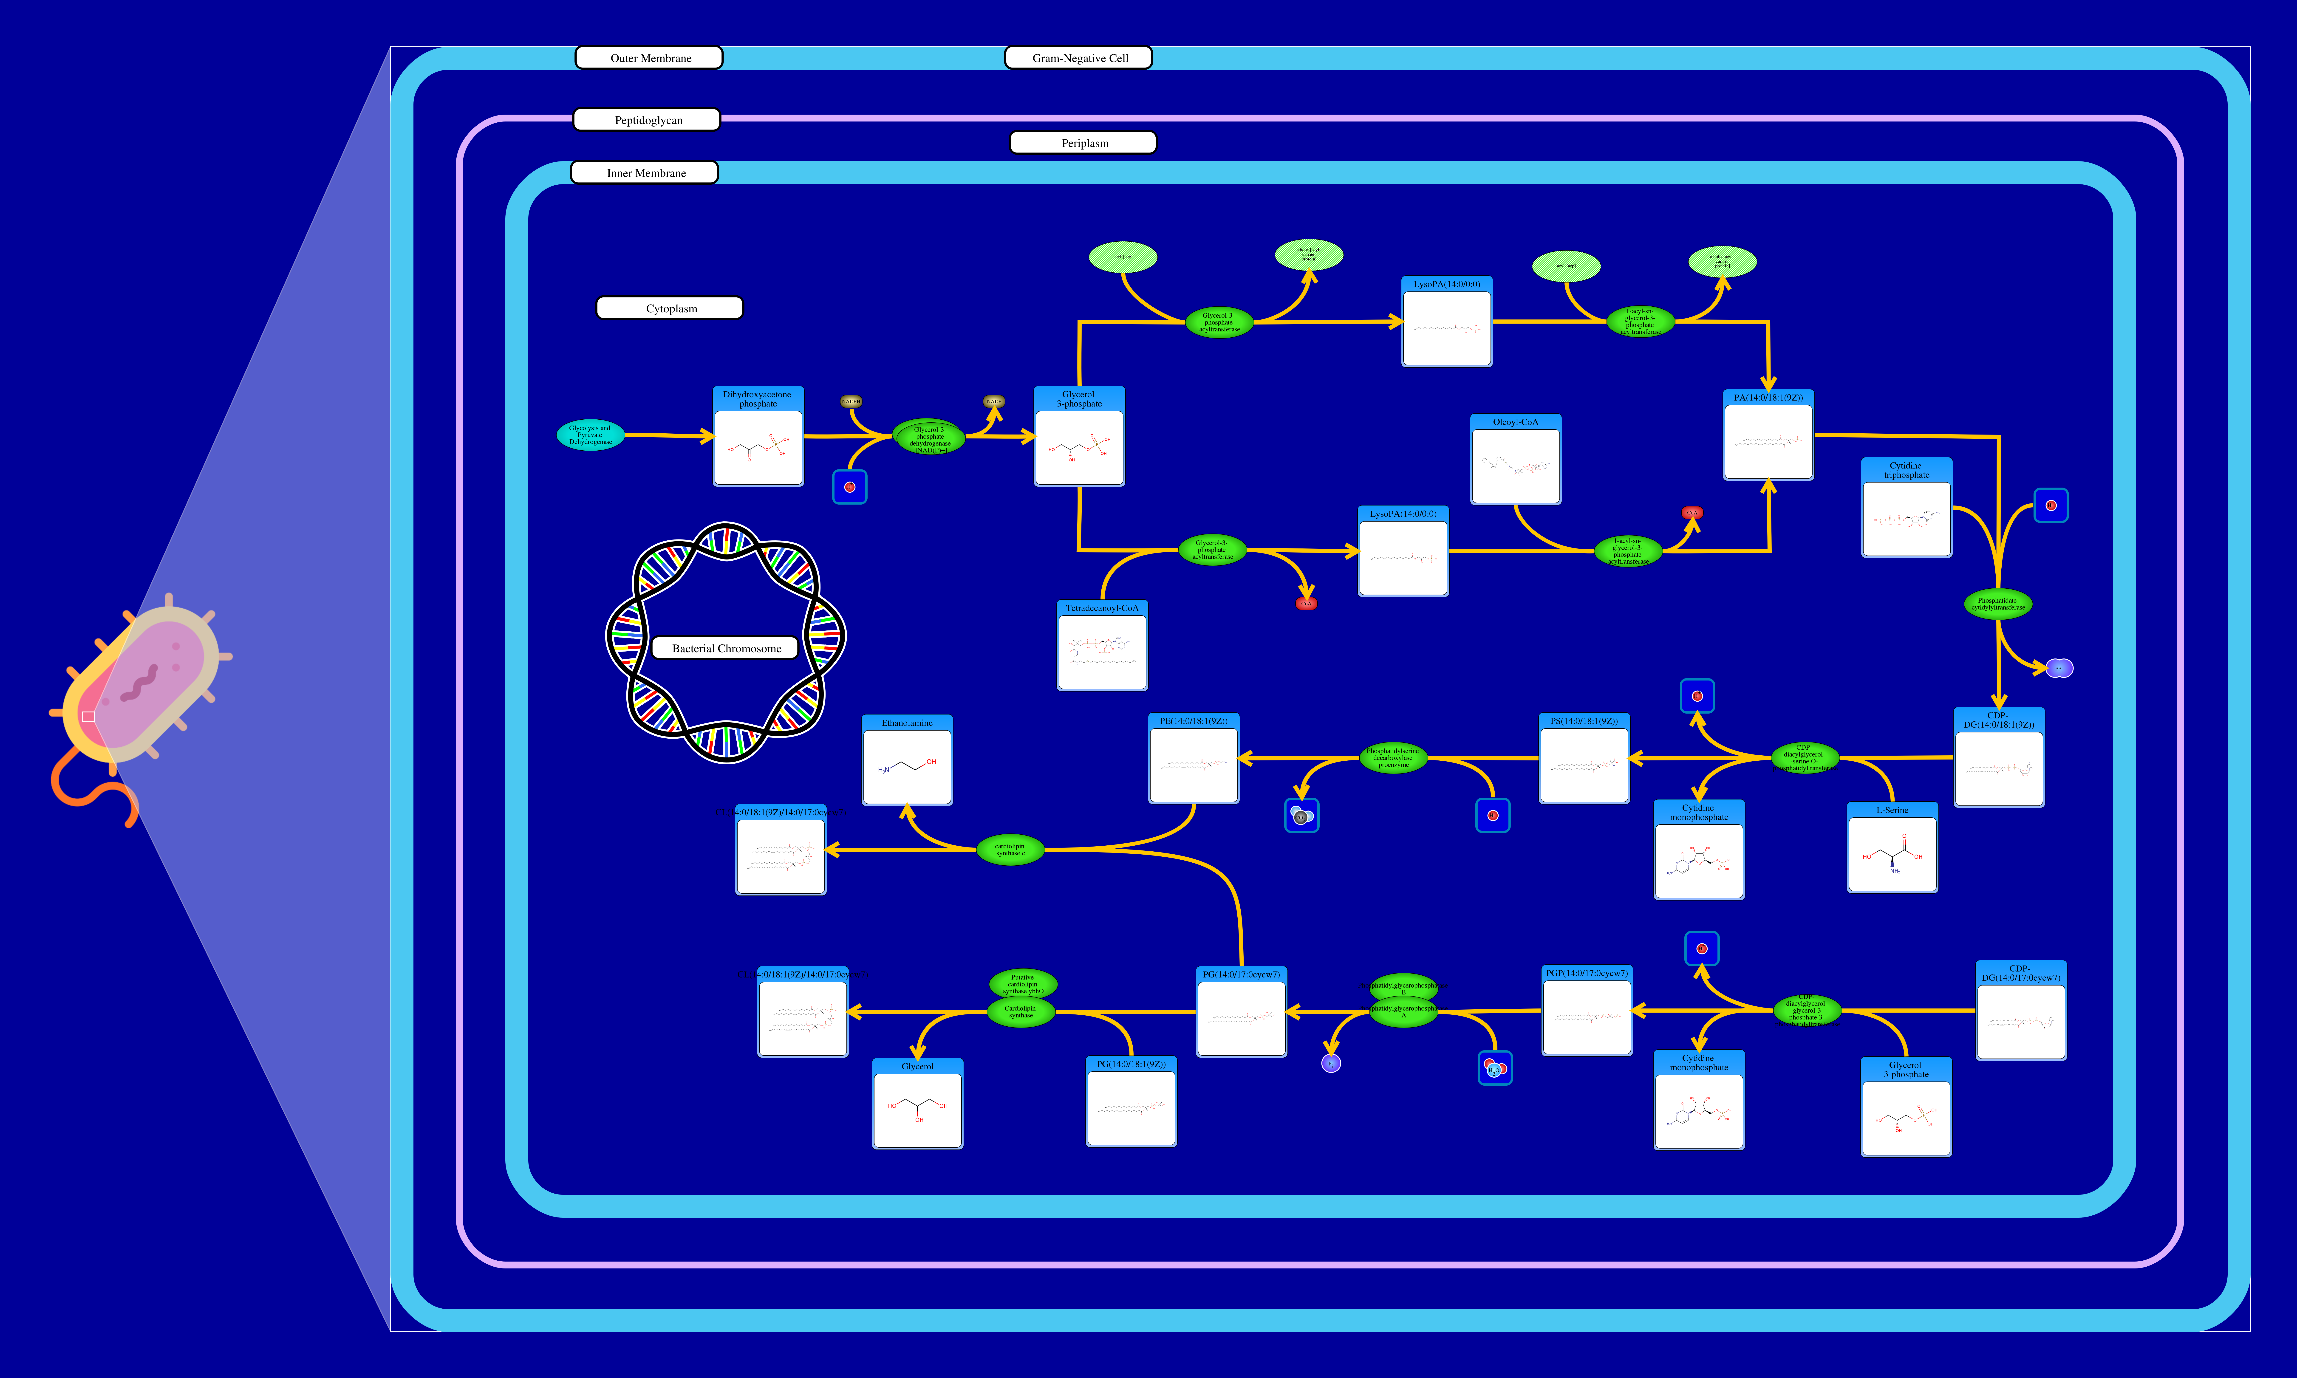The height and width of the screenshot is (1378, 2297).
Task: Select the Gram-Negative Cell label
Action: (x=1079, y=58)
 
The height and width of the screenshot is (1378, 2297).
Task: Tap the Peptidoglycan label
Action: (x=647, y=120)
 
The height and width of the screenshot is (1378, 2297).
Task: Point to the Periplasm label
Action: (x=1083, y=143)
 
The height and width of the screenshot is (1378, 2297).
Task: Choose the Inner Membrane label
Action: (x=644, y=173)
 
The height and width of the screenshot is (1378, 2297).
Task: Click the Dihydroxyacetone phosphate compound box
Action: (x=758, y=436)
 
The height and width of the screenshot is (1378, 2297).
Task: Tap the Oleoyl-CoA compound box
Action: (x=1515, y=460)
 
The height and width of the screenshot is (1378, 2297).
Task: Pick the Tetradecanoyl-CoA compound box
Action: (x=1102, y=645)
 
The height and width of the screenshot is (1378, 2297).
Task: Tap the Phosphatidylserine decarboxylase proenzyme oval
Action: (x=1393, y=758)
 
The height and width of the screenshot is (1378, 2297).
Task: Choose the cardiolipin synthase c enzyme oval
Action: (x=1010, y=850)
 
